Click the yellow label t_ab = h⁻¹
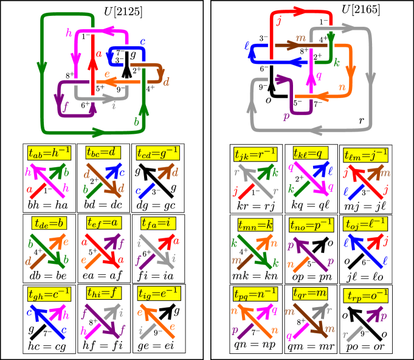click(49, 153)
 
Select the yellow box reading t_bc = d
click(103, 153)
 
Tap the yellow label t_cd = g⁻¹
click(157, 153)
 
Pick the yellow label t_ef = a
click(103, 223)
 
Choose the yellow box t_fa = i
click(157, 223)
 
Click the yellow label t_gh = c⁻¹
click(49, 293)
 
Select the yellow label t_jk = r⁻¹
click(255, 154)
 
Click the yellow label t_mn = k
click(255, 224)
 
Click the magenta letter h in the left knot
click(69, 33)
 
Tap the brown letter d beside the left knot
click(166, 82)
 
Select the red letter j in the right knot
click(278, 22)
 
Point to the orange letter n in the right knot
click(342, 88)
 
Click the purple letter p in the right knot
click(286, 116)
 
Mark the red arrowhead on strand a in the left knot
click(92, 66)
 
